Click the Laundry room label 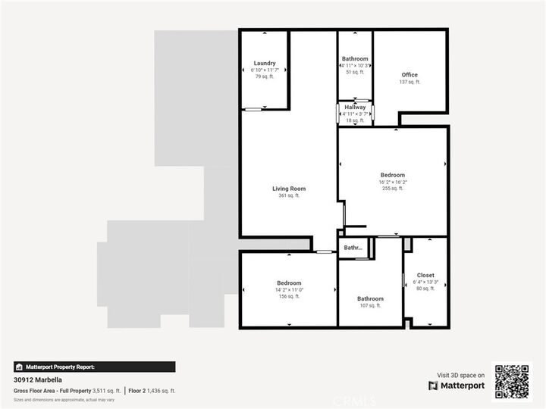click(265, 63)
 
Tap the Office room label click(409, 74)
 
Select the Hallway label click(355, 108)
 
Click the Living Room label click(289, 189)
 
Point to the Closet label click(425, 275)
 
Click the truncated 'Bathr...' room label click(353, 248)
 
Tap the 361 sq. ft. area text click(289, 195)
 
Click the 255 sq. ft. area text click(393, 189)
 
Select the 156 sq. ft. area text click(289, 296)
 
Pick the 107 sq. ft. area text click(370, 305)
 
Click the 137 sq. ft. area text click(409, 82)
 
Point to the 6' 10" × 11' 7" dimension click(265, 70)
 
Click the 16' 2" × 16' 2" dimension click(393, 182)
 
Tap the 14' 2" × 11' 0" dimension click(289, 289)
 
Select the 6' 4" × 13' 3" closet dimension click(425, 282)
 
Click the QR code click(513, 381)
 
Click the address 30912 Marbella click(38, 380)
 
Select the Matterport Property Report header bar click(95, 367)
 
